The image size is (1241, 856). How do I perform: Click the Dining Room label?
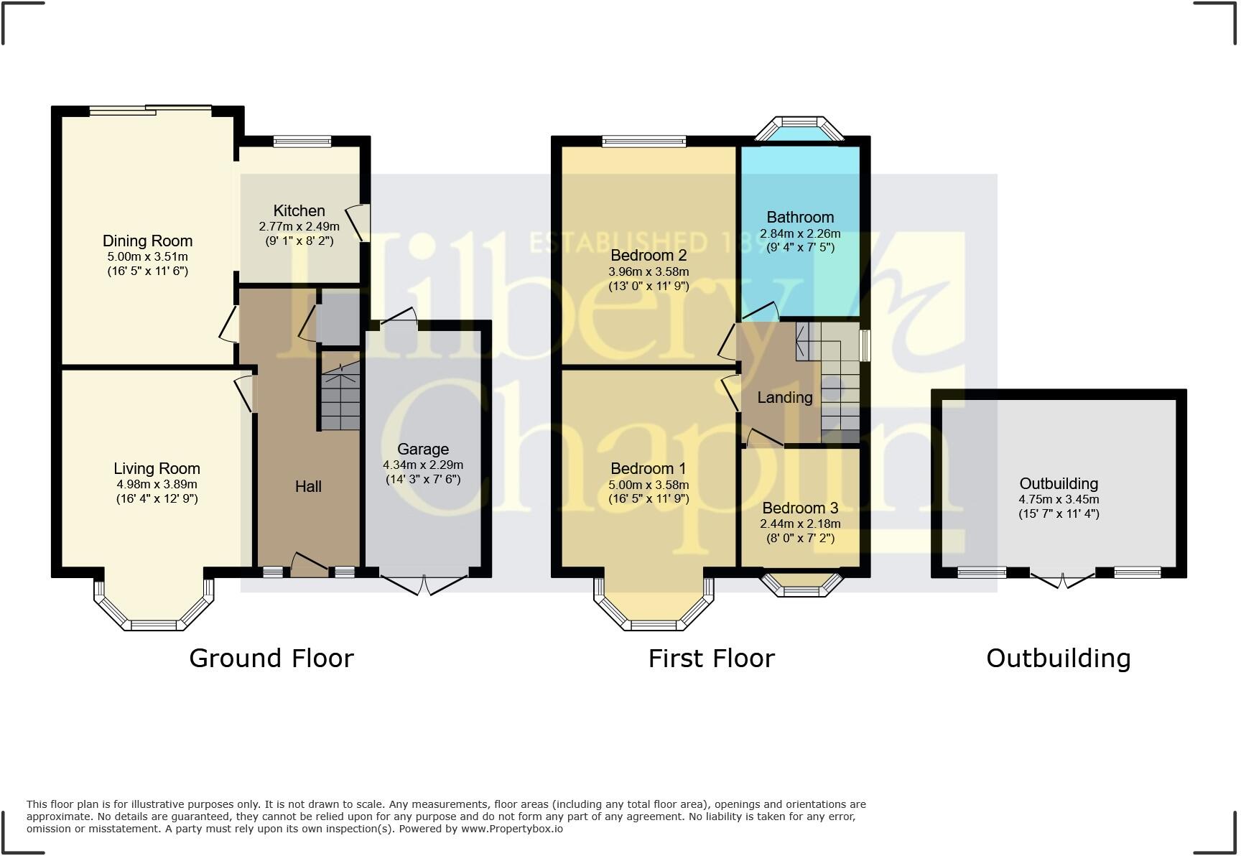(x=147, y=241)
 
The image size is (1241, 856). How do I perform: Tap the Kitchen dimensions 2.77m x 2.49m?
(x=299, y=226)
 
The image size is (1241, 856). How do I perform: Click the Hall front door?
(x=310, y=566)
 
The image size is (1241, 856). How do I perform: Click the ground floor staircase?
(x=340, y=399)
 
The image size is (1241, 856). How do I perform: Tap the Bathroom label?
(x=800, y=217)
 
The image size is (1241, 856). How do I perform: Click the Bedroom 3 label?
(x=800, y=508)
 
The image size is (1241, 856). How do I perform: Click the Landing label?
(x=785, y=397)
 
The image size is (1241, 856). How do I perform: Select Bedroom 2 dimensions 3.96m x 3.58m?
(x=649, y=271)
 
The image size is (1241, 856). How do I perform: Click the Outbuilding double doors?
(x=1062, y=579)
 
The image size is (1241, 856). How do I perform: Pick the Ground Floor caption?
(x=271, y=658)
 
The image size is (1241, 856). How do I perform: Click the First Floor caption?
(x=711, y=658)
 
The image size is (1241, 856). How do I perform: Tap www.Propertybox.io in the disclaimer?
(x=511, y=829)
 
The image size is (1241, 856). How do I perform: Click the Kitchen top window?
(x=302, y=141)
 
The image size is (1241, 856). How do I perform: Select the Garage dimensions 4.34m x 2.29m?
(x=423, y=465)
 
